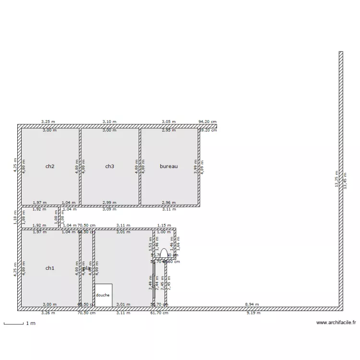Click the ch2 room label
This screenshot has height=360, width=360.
click(x=49, y=167)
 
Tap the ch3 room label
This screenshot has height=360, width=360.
click(x=109, y=167)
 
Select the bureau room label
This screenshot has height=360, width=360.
click(x=169, y=167)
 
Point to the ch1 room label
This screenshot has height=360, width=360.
click(x=49, y=268)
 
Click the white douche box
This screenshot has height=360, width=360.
click(x=103, y=295)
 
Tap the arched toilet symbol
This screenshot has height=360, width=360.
click(x=164, y=253)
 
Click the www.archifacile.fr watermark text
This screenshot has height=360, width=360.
click(x=336, y=323)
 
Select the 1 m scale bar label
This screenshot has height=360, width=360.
click(x=30, y=324)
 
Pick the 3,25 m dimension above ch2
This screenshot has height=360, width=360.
click(x=48, y=122)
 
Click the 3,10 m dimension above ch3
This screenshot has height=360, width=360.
click(x=109, y=122)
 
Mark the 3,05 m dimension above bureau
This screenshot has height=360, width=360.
click(x=168, y=122)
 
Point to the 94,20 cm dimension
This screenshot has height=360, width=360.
click(x=208, y=122)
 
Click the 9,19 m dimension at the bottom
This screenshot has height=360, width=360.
click(x=253, y=313)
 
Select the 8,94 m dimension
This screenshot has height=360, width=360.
click(x=252, y=304)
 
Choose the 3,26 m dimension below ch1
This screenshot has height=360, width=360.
click(x=48, y=313)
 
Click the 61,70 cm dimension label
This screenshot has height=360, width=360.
click(x=159, y=313)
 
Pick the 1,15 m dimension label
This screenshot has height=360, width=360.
click(x=164, y=225)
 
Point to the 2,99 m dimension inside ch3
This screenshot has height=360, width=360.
click(x=110, y=203)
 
